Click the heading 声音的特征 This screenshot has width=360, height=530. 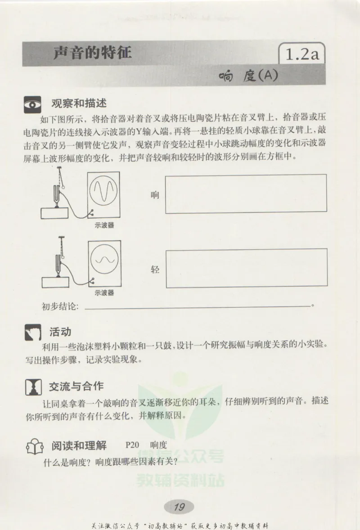point(92,53)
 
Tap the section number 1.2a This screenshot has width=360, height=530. point(302,55)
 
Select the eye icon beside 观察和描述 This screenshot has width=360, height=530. point(32,104)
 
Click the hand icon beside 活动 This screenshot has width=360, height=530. point(32,333)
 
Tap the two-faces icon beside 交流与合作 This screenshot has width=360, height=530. point(32,387)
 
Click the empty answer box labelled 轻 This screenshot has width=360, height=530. point(246,268)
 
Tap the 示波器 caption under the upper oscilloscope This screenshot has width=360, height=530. point(104,225)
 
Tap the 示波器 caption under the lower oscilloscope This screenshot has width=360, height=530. point(104,293)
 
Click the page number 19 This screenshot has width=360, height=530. point(179,507)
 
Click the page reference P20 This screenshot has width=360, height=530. point(133,445)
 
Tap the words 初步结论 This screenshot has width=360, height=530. point(60,307)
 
